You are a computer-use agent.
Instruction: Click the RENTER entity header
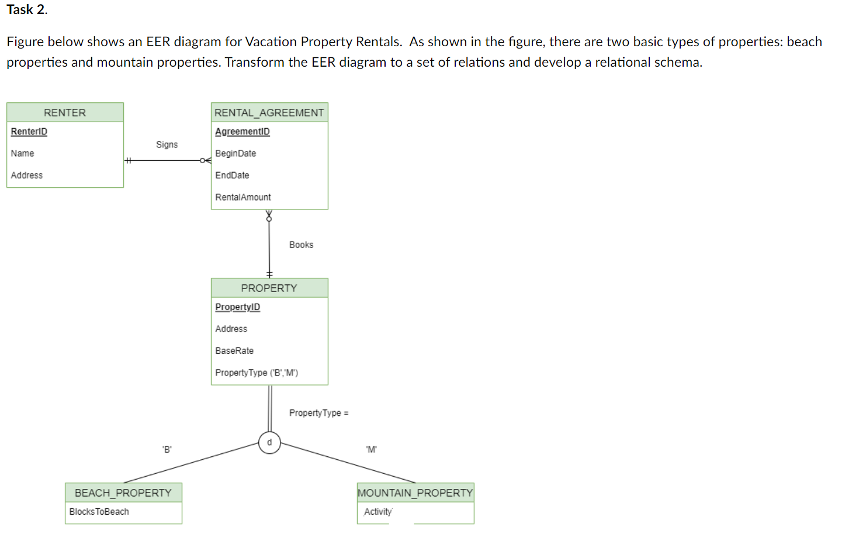coord(65,112)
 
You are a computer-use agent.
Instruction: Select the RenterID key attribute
coord(29,132)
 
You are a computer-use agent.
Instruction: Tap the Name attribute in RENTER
coord(22,153)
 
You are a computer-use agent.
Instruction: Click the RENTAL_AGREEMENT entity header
coord(269,112)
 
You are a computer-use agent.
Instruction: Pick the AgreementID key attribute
coord(243,132)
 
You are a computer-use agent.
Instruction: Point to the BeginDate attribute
coord(235,153)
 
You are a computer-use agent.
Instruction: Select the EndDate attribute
coord(232,175)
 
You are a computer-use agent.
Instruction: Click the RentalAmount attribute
coord(243,197)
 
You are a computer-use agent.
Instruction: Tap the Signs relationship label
coord(167,144)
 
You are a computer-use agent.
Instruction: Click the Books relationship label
coord(301,245)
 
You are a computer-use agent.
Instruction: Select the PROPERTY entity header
coord(269,288)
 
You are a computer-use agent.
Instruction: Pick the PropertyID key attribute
coord(238,307)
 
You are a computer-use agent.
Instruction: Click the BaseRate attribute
coord(234,351)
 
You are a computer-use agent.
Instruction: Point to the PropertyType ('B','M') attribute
coord(257,373)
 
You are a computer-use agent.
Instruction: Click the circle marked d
coord(269,443)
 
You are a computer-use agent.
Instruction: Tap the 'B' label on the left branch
coord(167,450)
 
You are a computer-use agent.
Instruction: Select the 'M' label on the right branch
coord(372,450)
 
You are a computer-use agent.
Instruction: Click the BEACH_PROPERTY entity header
coord(123,493)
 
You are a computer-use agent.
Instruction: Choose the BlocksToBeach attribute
coord(99,512)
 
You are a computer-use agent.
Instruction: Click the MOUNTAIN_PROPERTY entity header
coord(415,493)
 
